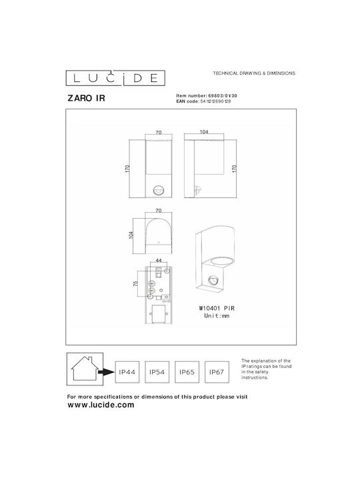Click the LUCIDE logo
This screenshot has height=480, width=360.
pyautogui.click(x=115, y=78)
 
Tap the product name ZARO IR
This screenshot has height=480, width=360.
pyautogui.click(x=86, y=98)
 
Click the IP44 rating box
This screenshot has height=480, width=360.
pyautogui.click(x=127, y=372)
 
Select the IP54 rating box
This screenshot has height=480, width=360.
pyautogui.click(x=157, y=372)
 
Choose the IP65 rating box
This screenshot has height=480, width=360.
pyautogui.click(x=187, y=372)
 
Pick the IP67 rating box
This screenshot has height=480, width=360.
pyautogui.click(x=217, y=372)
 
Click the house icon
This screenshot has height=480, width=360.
pyautogui.click(x=85, y=369)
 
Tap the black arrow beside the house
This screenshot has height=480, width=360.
pyautogui.click(x=106, y=372)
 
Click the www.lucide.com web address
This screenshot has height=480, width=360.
pyautogui.click(x=101, y=405)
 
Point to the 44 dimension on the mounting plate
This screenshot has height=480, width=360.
pyautogui.click(x=159, y=261)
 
